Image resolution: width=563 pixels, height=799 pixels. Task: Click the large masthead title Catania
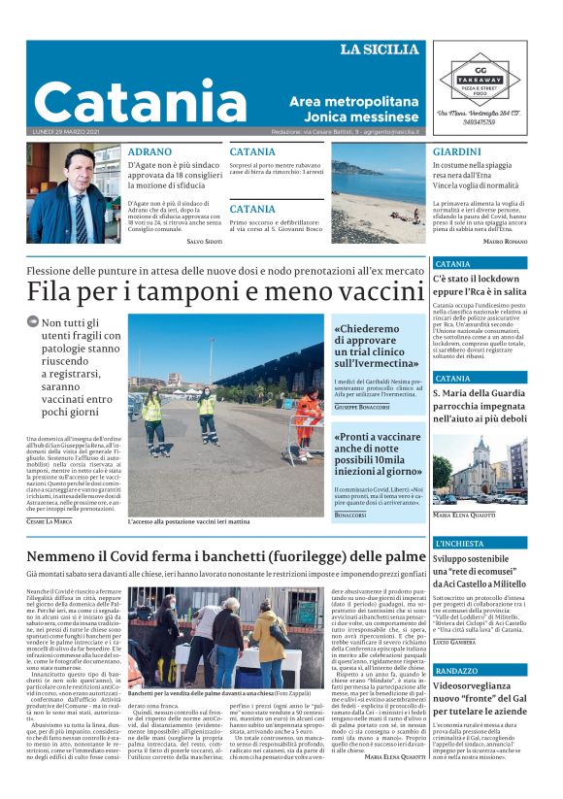click(141, 100)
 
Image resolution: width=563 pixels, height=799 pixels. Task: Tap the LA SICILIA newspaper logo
click(379, 50)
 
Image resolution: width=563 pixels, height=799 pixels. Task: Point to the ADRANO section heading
click(149, 152)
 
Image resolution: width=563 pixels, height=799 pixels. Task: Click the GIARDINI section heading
click(456, 152)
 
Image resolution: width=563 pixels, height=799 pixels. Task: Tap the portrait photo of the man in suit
click(74, 194)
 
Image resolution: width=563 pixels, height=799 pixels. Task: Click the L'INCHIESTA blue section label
click(459, 543)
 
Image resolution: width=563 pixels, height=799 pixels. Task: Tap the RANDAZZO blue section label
click(456, 671)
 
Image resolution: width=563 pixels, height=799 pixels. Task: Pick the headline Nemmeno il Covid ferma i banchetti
click(214, 556)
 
